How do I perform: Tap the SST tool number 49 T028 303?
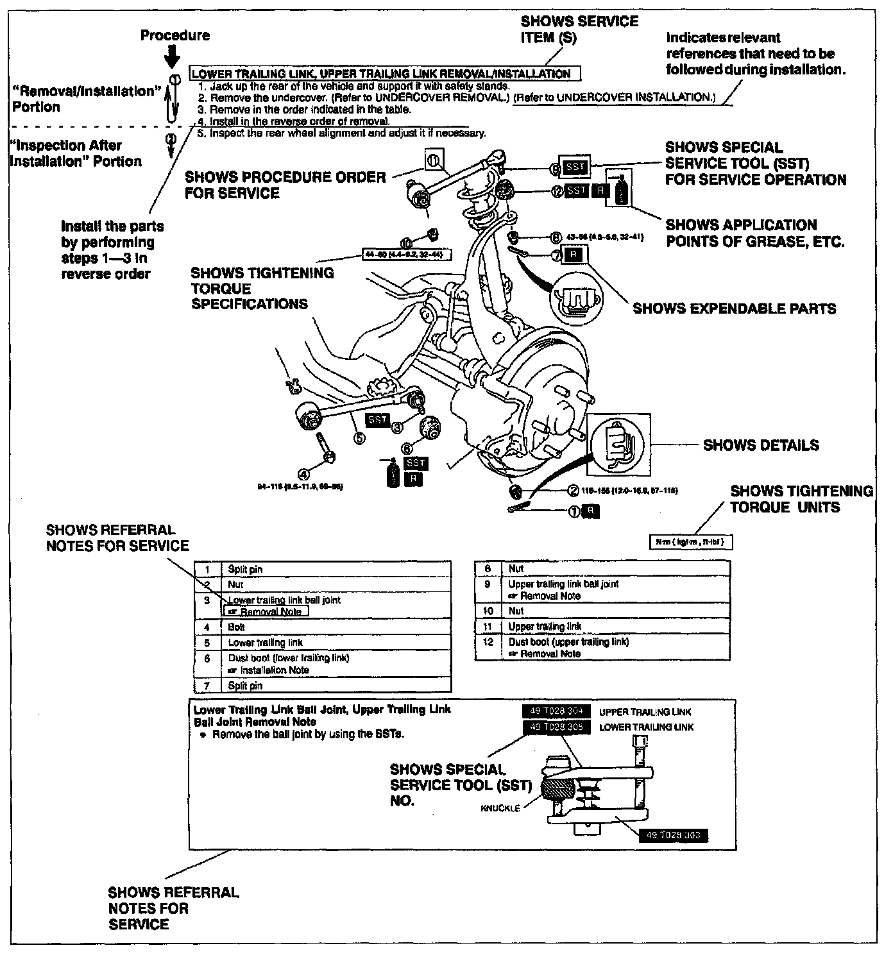[674, 835]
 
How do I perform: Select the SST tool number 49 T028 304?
[556, 711]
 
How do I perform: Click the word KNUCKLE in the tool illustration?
[500, 808]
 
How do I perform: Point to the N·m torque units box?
[690, 542]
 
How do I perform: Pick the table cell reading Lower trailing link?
[265, 642]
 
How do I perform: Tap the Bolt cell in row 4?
[236, 627]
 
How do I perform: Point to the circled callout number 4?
[304, 473]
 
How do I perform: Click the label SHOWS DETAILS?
[761, 445]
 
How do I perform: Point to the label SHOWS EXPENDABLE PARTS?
[734, 309]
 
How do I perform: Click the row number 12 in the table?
[488, 641]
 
